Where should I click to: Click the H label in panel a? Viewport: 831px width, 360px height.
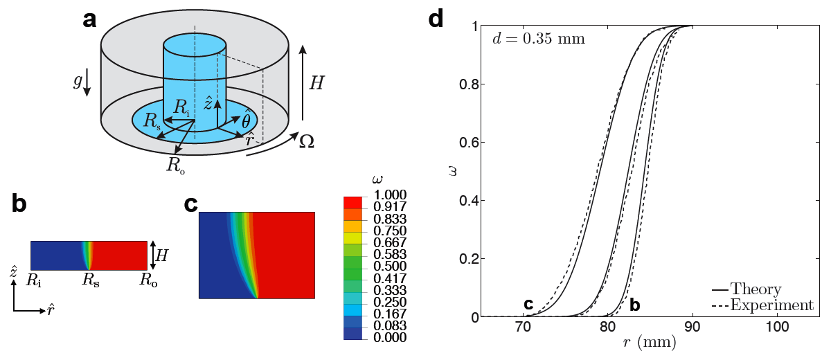[316, 84]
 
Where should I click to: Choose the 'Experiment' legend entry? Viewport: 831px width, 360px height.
[774, 305]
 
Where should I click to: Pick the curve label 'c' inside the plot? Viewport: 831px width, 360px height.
[528, 303]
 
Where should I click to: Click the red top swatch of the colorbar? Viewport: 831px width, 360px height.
[353, 201]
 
